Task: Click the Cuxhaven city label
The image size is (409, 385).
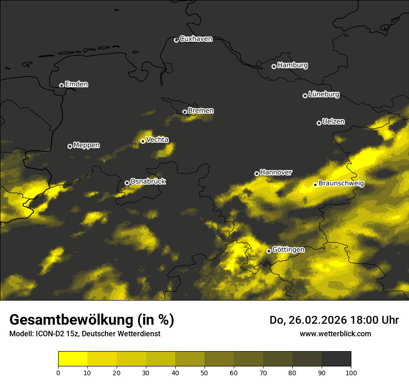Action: click(196, 39)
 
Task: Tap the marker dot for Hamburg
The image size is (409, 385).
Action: click(274, 66)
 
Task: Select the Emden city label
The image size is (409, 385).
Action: click(76, 84)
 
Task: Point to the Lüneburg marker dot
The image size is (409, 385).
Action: click(305, 96)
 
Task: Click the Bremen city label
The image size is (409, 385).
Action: click(201, 111)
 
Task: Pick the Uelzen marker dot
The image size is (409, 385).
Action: click(319, 123)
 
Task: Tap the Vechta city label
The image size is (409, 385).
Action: click(157, 140)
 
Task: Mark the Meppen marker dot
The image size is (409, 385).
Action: click(70, 146)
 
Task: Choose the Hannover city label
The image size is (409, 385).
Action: click(276, 173)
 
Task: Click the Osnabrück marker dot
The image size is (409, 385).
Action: click(127, 183)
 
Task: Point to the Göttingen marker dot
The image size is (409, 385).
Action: click(269, 251)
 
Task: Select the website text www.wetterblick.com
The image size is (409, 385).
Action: click(335, 334)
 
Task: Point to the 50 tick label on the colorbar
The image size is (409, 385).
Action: click(204, 372)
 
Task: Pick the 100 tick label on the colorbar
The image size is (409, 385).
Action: click(351, 372)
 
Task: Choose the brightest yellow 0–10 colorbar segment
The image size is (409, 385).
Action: click(73, 359)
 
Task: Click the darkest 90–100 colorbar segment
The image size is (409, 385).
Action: click(336, 359)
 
